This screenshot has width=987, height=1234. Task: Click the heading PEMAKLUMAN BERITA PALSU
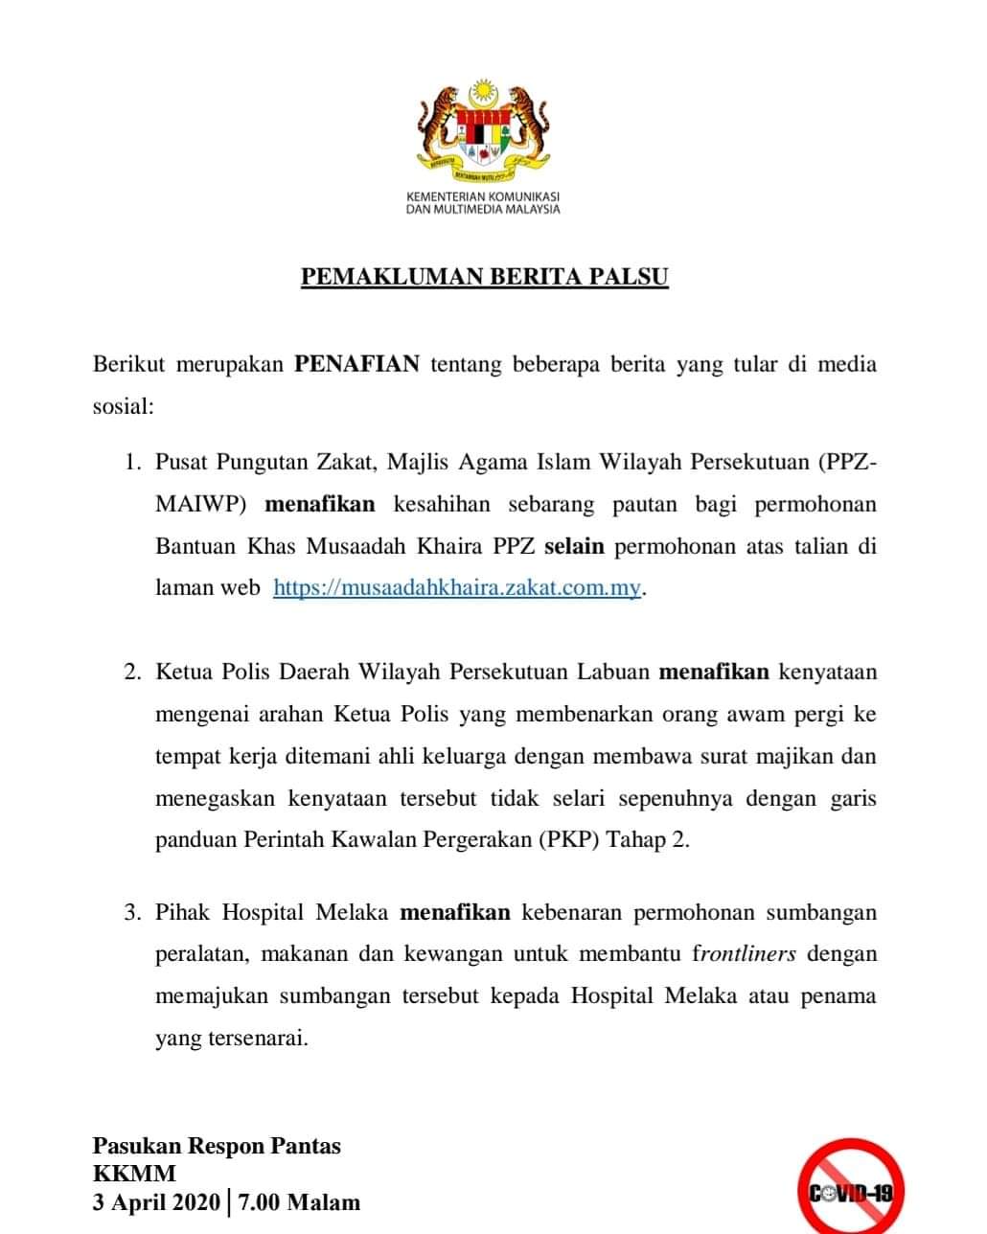point(484,277)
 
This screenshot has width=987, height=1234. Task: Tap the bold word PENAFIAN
point(356,364)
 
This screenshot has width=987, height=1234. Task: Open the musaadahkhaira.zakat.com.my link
point(456,587)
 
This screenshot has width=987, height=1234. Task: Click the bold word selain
point(574,546)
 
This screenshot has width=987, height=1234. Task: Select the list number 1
point(131,463)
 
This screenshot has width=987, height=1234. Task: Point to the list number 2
point(131,672)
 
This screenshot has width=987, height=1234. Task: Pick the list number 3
point(131,912)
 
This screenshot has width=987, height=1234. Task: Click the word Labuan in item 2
point(612,672)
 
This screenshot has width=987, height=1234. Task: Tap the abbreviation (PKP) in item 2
point(569,839)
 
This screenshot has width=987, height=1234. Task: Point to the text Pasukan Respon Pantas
point(217,1146)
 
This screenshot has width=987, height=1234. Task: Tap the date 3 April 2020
point(156,1202)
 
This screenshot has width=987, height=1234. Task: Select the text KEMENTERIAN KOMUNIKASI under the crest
point(483,196)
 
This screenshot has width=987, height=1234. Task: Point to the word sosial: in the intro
point(123,405)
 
